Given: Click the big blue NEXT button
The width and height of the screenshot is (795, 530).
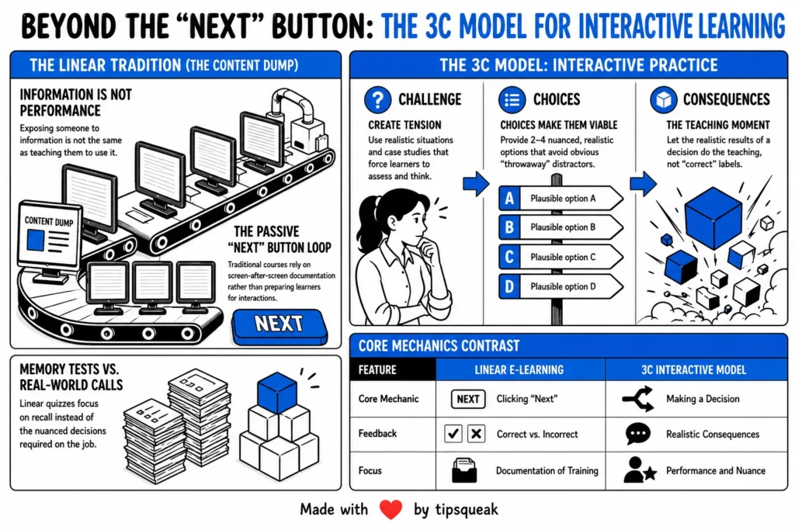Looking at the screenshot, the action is [x=279, y=326].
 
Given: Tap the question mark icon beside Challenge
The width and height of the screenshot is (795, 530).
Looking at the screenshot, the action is [x=378, y=99].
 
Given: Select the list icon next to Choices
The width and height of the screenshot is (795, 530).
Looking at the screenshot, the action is [x=512, y=99].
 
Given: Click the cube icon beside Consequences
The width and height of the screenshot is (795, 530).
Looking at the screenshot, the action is [x=664, y=99].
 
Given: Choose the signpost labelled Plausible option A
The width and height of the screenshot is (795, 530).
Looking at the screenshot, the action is [x=561, y=198].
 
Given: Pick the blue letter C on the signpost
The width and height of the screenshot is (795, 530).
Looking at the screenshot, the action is [x=509, y=257].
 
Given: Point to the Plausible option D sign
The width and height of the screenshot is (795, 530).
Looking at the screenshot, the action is [x=561, y=286].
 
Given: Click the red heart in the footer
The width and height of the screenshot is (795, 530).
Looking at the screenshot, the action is [x=391, y=509].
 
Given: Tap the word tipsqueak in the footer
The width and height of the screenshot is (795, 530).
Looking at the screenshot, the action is [x=467, y=510].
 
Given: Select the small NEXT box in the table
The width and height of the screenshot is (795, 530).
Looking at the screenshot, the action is [x=468, y=399].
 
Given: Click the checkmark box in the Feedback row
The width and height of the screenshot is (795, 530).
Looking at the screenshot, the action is [x=453, y=434].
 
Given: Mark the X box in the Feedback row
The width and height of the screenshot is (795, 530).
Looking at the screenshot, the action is [x=476, y=434].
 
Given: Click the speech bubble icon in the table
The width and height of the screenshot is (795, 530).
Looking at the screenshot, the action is [x=638, y=434].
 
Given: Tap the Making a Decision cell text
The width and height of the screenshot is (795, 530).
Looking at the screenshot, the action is [x=703, y=399].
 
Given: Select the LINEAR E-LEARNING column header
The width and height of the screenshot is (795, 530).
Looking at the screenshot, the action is [x=519, y=370].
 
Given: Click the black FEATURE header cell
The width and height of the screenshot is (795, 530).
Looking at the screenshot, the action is [x=393, y=370].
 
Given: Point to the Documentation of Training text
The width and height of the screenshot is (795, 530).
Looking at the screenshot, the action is [x=547, y=471].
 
